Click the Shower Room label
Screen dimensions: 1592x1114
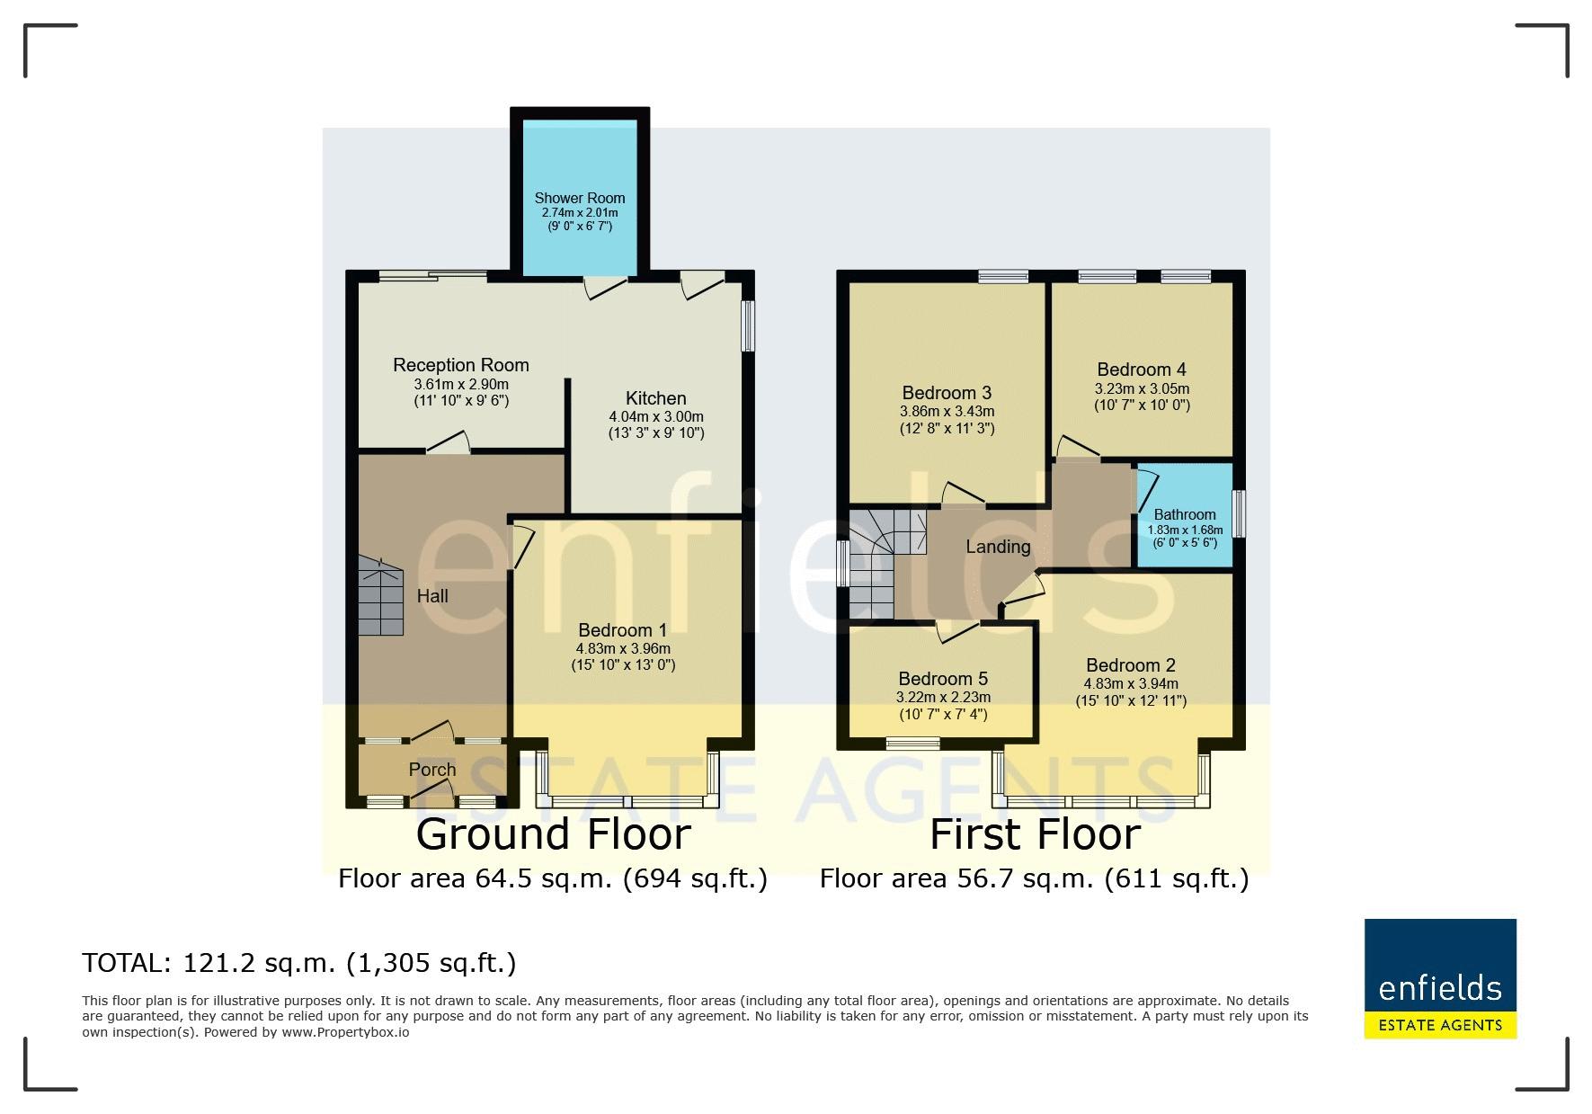[x=580, y=198]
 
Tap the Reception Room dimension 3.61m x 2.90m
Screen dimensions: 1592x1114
[x=461, y=384]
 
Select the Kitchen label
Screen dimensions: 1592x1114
[x=656, y=398]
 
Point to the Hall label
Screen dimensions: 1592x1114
[x=432, y=596]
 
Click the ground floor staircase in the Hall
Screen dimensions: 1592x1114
[x=381, y=596]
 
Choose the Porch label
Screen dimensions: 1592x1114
[x=432, y=770]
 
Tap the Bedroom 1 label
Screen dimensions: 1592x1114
[x=623, y=630]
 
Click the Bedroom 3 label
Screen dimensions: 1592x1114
[x=947, y=393]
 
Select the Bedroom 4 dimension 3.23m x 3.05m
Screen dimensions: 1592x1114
[x=1142, y=389]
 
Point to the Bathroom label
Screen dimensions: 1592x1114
[x=1185, y=515]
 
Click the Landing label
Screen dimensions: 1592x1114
[x=998, y=547]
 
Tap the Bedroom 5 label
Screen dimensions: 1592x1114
[x=943, y=679]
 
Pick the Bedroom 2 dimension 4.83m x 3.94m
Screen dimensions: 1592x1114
[x=1131, y=684]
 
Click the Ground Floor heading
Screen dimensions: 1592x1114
[x=553, y=834]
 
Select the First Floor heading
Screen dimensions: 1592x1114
[x=1035, y=834]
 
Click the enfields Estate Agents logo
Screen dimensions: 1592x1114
[x=1440, y=978]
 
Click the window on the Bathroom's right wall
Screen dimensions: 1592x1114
[x=1239, y=513]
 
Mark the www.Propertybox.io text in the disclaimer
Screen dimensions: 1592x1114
[x=345, y=1032]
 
